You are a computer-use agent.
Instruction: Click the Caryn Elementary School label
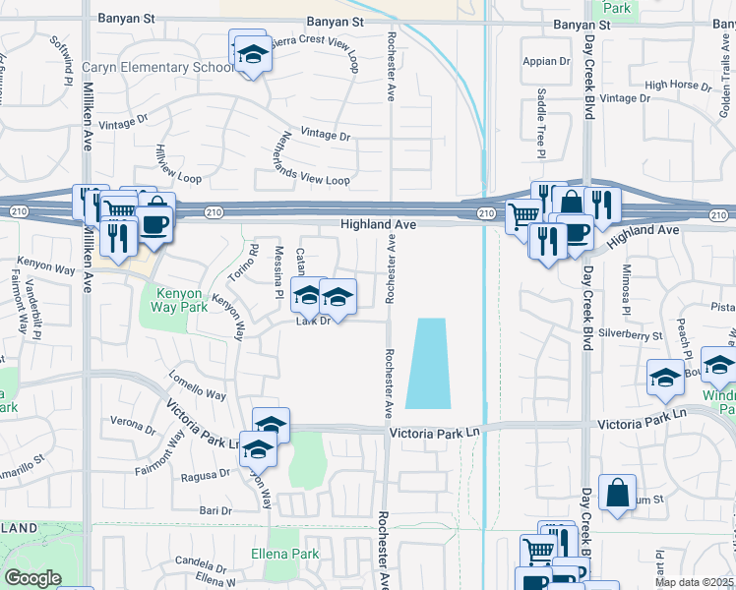[x=157, y=68]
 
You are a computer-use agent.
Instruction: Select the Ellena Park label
[x=285, y=555]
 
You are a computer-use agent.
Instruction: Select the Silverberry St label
[x=630, y=335]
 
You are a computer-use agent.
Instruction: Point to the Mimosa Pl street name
[x=624, y=284]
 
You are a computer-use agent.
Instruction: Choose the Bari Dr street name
[x=215, y=510]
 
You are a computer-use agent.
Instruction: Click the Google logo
[x=32, y=578]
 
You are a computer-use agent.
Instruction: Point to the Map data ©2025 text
[x=694, y=582]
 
